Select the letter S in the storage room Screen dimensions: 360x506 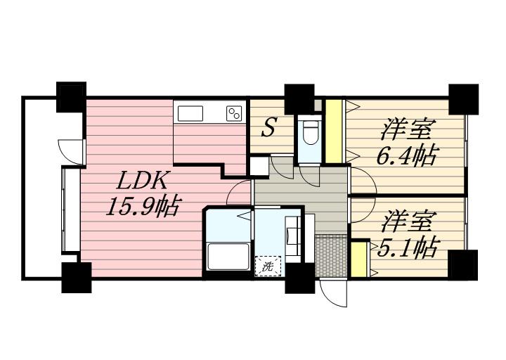[268, 128]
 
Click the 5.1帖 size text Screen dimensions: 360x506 [407, 247]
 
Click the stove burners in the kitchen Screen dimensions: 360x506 [234, 112]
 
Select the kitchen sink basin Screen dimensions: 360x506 [190, 113]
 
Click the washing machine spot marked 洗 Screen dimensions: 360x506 [268, 266]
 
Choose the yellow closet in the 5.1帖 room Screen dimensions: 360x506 [358, 259]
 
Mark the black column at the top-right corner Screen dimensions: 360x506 [463, 98]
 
